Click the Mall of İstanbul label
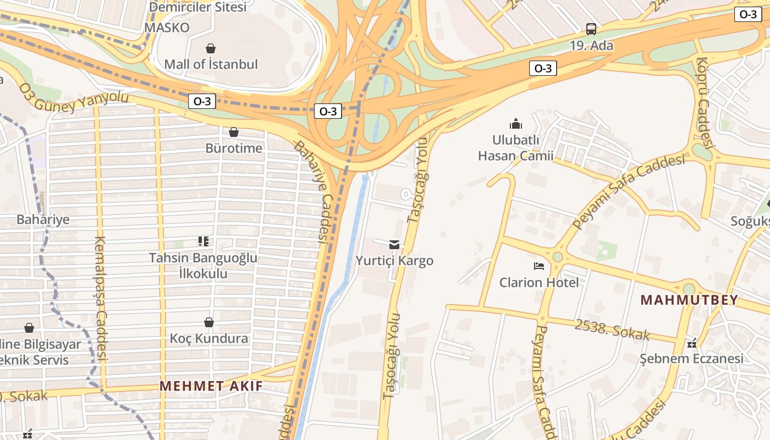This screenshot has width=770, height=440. (x=211, y=64)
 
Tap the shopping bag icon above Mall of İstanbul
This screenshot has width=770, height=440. (x=210, y=48)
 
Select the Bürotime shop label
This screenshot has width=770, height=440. (x=234, y=148)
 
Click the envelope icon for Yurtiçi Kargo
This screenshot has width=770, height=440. (x=394, y=244)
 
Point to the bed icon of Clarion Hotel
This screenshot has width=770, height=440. (x=539, y=266)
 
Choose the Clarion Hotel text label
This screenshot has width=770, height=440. (x=539, y=283)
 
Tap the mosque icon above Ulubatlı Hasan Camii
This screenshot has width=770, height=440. (x=515, y=124)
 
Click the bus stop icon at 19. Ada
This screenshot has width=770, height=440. (x=591, y=29)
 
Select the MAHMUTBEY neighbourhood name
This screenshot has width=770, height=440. (x=689, y=300)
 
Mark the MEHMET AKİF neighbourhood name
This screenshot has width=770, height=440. (x=211, y=386)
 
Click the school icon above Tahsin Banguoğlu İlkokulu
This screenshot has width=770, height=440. (x=204, y=241)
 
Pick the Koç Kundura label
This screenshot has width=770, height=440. (x=209, y=338)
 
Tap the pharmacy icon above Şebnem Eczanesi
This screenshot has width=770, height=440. (x=692, y=343)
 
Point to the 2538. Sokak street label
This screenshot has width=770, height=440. (x=612, y=329)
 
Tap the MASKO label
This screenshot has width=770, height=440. (x=167, y=28)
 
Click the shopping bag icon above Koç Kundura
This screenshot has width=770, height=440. (x=209, y=322)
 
